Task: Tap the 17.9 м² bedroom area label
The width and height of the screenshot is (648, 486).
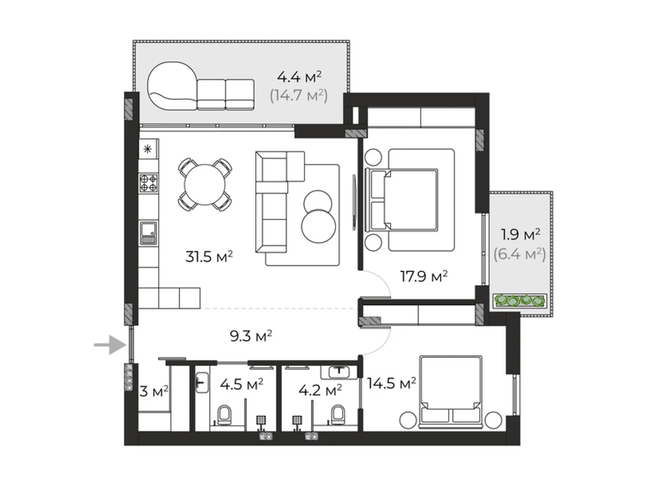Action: [x=423, y=276]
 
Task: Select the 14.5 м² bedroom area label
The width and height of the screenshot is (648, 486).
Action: [x=391, y=383]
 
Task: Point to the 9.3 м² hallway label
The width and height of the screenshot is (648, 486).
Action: [x=250, y=336]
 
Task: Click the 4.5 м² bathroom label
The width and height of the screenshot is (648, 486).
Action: [x=241, y=384]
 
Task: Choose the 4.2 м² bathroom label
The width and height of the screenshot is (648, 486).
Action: [x=320, y=390]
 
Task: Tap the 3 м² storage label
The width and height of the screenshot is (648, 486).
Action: [x=153, y=391]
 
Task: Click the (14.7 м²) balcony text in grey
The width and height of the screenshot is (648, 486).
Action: [x=298, y=95]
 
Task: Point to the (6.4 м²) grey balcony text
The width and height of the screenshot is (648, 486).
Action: [x=520, y=254]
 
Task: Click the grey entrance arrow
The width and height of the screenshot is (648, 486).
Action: [x=110, y=345]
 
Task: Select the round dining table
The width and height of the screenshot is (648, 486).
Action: [x=205, y=185]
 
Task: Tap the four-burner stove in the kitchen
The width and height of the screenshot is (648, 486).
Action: [x=148, y=183]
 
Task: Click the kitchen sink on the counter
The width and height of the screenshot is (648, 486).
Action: [x=148, y=233]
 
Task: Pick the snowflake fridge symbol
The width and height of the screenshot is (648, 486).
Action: [x=147, y=149]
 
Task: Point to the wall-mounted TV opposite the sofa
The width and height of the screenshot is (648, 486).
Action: [x=354, y=202]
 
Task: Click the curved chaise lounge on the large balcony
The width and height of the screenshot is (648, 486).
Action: [x=172, y=86]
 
